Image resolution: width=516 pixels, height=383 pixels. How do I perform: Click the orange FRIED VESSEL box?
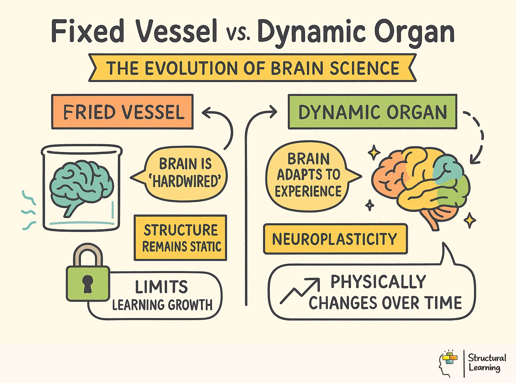point(122,112)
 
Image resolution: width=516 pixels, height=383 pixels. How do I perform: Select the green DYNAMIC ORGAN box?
point(372,112)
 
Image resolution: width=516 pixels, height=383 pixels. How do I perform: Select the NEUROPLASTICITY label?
point(335,239)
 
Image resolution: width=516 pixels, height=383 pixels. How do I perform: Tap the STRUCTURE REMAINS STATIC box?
point(180,238)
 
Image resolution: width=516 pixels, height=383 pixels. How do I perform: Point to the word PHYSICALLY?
point(378,282)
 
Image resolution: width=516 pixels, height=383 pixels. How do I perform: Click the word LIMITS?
point(161,287)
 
